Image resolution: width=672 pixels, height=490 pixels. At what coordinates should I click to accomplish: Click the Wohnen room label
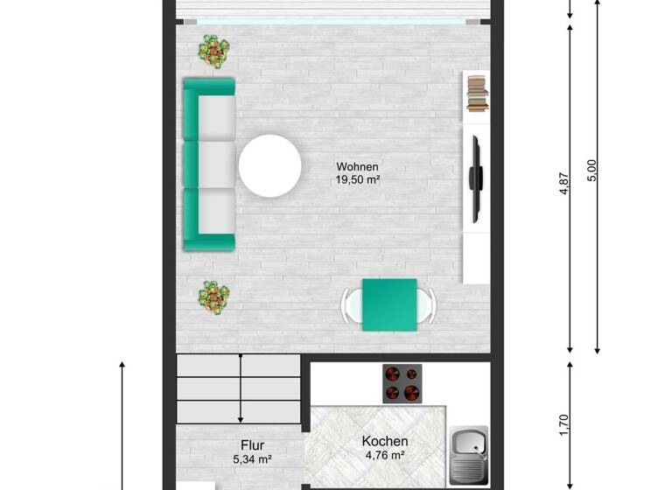pyautogui.click(x=357, y=166)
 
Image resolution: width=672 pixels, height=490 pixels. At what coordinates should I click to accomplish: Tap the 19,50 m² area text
pyautogui.click(x=357, y=180)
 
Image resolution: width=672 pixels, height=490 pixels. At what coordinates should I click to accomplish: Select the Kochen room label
pyautogui.click(x=385, y=441)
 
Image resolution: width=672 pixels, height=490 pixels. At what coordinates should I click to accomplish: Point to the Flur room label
pyautogui.click(x=248, y=445)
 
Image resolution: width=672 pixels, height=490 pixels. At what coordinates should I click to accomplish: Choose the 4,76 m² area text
pyautogui.click(x=385, y=455)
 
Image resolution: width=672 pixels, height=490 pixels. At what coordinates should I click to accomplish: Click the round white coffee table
pyautogui.click(x=270, y=165)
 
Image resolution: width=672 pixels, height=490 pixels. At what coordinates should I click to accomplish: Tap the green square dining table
pyautogui.click(x=389, y=304)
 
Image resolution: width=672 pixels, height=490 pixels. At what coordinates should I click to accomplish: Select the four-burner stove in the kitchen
pyautogui.click(x=402, y=383)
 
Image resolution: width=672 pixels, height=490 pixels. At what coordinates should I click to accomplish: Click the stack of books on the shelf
pyautogui.click(x=477, y=94)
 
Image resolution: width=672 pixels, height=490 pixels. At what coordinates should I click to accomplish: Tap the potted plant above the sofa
pyautogui.click(x=211, y=51)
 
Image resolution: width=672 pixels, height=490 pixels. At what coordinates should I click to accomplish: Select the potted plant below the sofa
pyautogui.click(x=212, y=297)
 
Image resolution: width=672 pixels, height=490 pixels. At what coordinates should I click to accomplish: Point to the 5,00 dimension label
pyautogui.click(x=592, y=170)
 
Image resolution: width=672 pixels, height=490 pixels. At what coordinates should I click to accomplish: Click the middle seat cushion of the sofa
pyautogui.click(x=216, y=163)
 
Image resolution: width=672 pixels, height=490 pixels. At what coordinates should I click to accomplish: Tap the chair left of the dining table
pyautogui.click(x=349, y=304)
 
